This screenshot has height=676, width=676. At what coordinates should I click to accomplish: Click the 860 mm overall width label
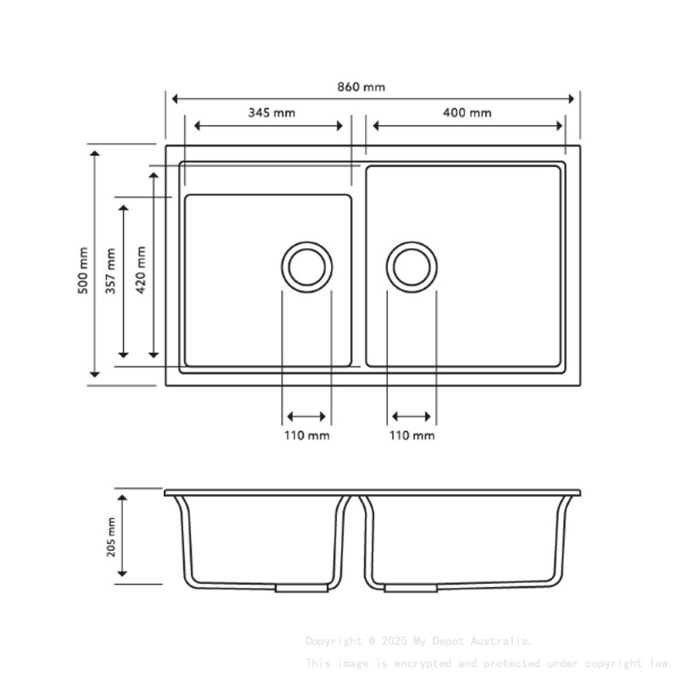362,87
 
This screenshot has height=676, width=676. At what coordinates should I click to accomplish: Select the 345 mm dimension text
271,113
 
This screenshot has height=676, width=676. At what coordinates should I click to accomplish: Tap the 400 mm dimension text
467,113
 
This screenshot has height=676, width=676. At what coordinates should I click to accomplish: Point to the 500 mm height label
83,270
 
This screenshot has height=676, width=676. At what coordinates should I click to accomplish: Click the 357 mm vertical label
111,271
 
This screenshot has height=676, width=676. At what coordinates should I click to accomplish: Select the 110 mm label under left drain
307,435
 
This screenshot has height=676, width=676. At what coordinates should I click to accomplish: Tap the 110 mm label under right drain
412,435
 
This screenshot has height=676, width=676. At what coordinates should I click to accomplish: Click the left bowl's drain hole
306,266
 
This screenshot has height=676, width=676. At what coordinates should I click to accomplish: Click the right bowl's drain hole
412,266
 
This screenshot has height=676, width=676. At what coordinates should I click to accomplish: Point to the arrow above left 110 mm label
306,417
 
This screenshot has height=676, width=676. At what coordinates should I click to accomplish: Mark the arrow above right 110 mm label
412,417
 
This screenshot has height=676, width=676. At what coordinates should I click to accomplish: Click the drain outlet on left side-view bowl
301,589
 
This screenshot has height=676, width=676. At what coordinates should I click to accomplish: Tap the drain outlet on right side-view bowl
410,589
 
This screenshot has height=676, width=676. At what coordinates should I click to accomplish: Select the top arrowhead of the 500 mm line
95,154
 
